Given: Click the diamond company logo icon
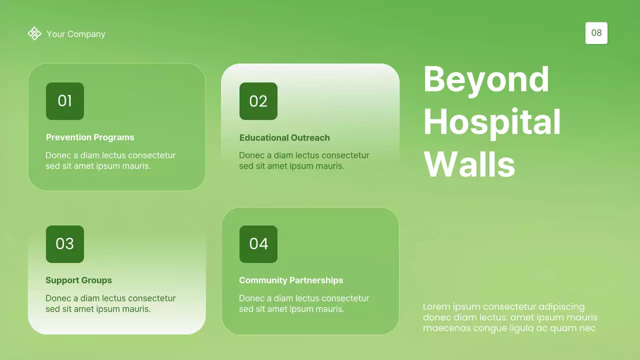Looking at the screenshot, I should pos(34,33).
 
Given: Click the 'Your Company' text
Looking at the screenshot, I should pos(76,34).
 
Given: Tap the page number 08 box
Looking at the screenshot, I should pos(596,33).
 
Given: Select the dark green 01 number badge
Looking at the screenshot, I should pos(65,101).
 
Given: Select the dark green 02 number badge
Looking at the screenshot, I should pos(258,101).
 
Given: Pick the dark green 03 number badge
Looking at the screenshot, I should pos(65,244).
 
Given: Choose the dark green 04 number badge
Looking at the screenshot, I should pos(258,244).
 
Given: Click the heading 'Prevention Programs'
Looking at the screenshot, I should pos(90,137).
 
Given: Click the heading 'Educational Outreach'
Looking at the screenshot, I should pos(284,137).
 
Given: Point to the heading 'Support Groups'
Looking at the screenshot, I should pos(78,280).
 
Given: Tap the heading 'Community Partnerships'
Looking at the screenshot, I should pos(291,280).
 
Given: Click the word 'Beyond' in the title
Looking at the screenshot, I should pos(486,79).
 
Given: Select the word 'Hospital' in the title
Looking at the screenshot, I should pos(492,122).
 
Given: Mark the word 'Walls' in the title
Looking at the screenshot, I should pos(469,164).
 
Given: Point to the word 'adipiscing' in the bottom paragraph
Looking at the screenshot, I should pos(561,307).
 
